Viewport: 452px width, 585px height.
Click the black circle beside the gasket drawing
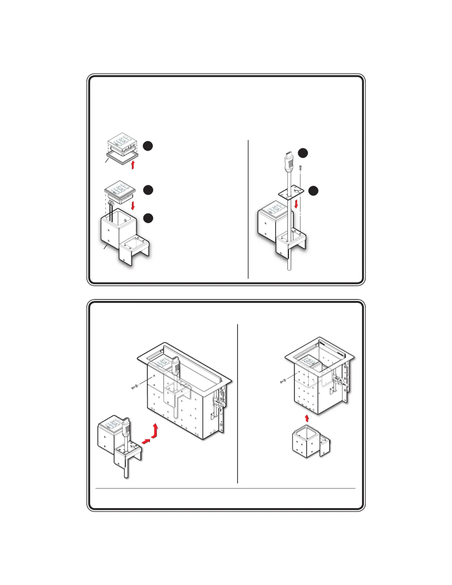point(148,146)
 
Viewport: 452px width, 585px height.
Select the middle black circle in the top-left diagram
point(148,190)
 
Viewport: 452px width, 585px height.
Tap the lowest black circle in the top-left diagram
point(148,218)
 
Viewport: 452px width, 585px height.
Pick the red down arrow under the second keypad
point(133,206)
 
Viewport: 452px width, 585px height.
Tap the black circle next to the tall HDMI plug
point(303,153)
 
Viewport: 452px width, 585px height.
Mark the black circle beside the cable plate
point(313,191)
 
